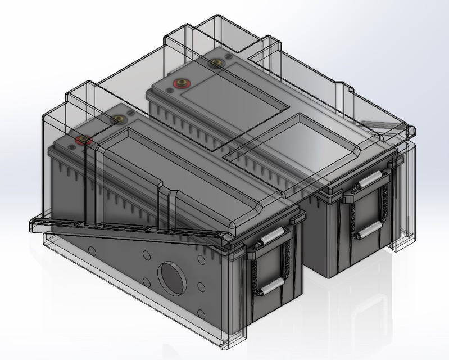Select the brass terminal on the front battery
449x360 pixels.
pos(119,119)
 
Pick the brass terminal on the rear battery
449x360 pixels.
pos(214,64)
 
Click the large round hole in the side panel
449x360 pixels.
pos(170,276)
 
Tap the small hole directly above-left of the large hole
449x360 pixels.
pos(146,254)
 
